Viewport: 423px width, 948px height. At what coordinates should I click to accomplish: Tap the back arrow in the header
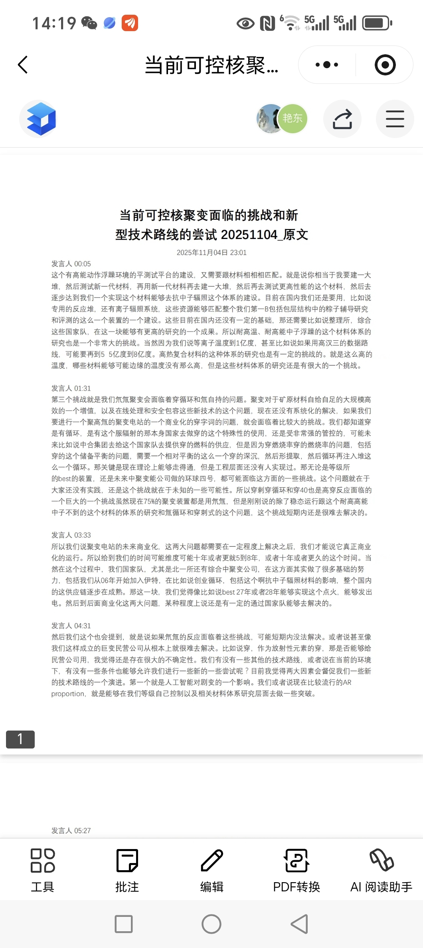coord(23,65)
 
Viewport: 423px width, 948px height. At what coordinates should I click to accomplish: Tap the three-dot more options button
coord(327,65)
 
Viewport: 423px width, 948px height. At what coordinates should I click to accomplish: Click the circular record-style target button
coord(385,65)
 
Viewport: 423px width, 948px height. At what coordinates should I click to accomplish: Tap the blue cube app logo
coord(41,119)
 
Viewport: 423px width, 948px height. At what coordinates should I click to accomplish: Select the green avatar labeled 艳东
coord(293,118)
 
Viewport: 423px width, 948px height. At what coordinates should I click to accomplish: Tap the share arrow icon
coord(342,119)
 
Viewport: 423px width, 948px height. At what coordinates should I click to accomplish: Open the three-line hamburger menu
coord(395,119)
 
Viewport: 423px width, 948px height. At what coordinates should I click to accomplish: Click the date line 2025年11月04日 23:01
coord(211,253)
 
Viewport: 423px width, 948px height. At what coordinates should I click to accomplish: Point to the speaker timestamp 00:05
coord(71,264)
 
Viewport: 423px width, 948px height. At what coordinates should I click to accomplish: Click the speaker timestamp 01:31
coord(71,388)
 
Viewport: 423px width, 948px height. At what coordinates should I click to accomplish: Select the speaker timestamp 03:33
coord(71,535)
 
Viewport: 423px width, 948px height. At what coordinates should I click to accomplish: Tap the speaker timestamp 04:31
coord(71,626)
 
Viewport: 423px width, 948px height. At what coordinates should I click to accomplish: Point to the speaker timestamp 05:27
coord(71,830)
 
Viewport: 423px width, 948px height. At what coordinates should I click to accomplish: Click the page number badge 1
coord(20,739)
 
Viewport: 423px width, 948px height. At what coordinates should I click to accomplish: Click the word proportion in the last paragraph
coord(68,694)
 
